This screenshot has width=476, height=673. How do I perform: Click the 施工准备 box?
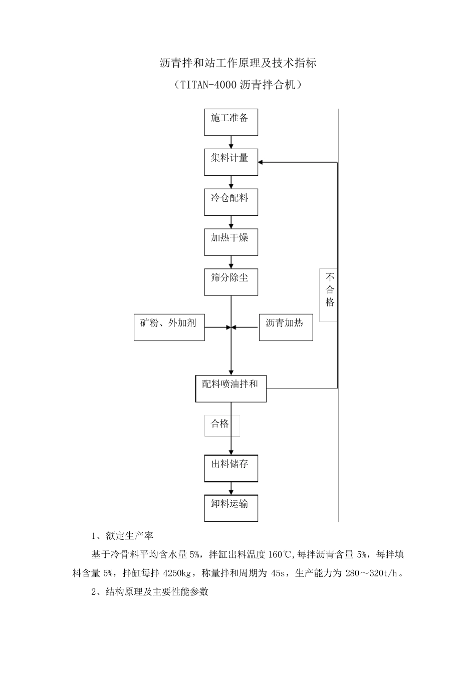click(x=231, y=122)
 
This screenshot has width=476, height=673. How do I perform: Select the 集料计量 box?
click(x=231, y=162)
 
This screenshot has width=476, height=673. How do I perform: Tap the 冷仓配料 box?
click(x=231, y=202)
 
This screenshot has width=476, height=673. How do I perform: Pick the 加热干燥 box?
click(x=231, y=242)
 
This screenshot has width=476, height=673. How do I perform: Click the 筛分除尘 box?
click(x=231, y=282)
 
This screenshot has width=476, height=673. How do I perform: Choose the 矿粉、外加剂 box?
click(x=169, y=327)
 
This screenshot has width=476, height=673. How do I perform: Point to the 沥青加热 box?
click(x=286, y=327)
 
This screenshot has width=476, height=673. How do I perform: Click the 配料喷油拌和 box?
click(x=230, y=388)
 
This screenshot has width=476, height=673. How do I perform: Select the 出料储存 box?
click(x=231, y=468)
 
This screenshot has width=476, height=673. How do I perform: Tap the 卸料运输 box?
click(x=231, y=508)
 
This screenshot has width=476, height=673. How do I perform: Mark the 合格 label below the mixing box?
click(x=221, y=425)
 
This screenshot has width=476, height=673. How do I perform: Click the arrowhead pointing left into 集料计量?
click(x=262, y=162)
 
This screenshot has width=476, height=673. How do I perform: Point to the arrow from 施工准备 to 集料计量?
click(x=231, y=142)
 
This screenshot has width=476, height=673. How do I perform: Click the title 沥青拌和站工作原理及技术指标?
click(x=237, y=64)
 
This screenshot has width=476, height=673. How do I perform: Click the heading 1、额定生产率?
click(x=122, y=536)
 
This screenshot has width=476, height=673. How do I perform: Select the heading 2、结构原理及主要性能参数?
click(x=150, y=592)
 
